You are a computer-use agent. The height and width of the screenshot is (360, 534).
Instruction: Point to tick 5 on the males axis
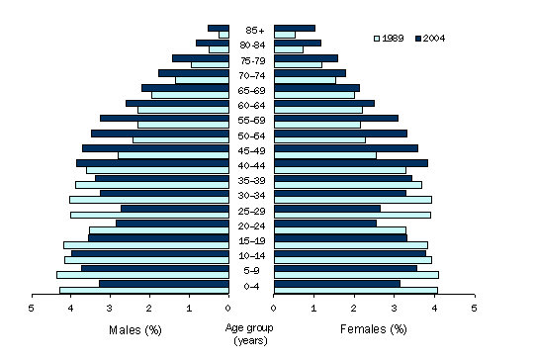point(32,308)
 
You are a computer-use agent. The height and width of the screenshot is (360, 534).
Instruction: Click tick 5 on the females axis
point(474,308)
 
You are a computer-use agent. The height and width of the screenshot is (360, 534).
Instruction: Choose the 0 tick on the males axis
point(228,308)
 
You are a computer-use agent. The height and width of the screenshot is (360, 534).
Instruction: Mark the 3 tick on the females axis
point(394,308)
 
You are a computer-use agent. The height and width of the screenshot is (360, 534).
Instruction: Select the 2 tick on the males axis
point(149,308)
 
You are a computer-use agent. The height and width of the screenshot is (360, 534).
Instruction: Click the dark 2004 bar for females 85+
point(295,28)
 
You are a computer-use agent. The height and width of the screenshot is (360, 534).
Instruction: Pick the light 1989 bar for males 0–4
point(143,291)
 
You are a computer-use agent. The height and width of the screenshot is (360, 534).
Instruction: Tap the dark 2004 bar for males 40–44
point(152,163)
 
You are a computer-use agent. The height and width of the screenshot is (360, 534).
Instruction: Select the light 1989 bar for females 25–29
point(352,215)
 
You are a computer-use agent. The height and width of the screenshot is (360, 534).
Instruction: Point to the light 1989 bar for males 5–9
point(142,275)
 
